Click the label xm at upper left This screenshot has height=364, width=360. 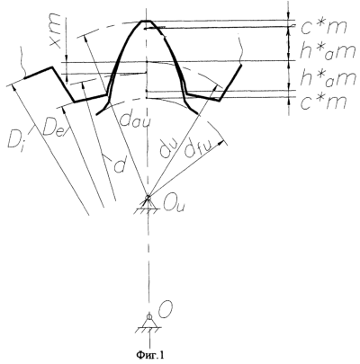tap(55, 31)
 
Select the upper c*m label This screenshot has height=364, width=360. tap(324, 28)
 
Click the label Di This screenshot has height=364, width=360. tap(15, 138)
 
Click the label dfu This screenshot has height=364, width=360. tap(195, 148)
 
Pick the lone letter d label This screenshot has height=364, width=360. tap(119, 166)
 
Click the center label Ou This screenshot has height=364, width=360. tap(173, 205)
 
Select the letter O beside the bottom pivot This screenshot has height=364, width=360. tap(165, 313)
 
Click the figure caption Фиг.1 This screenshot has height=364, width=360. tap(150, 355)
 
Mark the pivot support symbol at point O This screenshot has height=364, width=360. tap(148, 323)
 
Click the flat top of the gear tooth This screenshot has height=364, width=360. tap(146, 21)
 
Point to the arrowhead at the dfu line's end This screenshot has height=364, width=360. tap(222, 143)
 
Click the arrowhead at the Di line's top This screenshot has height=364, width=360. tap(13, 87)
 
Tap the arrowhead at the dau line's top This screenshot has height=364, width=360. tap(85, 38)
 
